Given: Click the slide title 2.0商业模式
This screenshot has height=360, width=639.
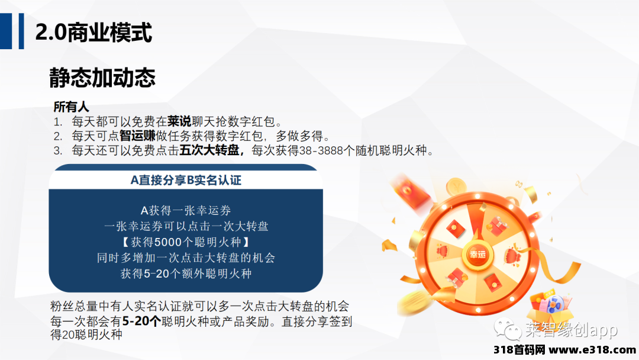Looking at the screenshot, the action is point(93,32).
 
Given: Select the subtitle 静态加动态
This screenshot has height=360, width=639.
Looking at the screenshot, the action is point(102,78).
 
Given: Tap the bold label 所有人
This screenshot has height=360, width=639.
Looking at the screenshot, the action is point(72,107).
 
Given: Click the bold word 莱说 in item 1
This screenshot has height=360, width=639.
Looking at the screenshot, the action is point(179,121).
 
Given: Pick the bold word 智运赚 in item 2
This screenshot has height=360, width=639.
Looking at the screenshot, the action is point(137,136).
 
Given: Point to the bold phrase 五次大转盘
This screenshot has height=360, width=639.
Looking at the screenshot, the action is point(209,150).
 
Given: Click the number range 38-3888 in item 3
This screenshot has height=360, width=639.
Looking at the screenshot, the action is point(321,150).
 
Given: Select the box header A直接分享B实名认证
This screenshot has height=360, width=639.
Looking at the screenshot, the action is point(186,180).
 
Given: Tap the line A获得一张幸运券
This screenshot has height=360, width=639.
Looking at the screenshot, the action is point(186,210).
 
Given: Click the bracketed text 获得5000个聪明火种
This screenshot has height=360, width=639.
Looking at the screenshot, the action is point(186,242).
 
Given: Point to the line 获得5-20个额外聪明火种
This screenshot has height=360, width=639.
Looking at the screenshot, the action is point(186,274).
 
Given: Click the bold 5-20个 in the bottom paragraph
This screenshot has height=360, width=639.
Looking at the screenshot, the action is point(141,322).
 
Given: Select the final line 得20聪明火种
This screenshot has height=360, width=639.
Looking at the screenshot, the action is point(86,335).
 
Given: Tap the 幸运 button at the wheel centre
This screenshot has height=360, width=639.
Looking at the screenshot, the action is point(477,255).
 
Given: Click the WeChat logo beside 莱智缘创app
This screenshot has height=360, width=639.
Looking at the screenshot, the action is point(508,329).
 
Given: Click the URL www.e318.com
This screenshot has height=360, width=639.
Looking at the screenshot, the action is point(592,350).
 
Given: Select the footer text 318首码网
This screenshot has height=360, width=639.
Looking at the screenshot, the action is point(519,350).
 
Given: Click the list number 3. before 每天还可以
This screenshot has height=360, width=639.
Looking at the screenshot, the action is point(58,150).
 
